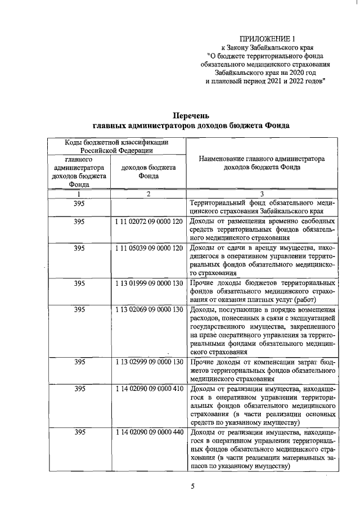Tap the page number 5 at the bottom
(x=192, y=487)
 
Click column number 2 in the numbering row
(x=148, y=194)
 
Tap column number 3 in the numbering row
(x=262, y=194)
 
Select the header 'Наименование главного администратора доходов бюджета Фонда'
(x=262, y=163)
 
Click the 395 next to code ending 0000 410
(x=79, y=389)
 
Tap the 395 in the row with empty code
(x=79, y=203)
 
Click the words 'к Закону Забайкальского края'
(x=268, y=48)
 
